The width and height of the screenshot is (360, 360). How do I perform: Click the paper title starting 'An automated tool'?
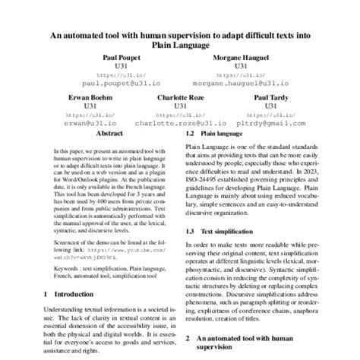[x=179, y=39]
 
